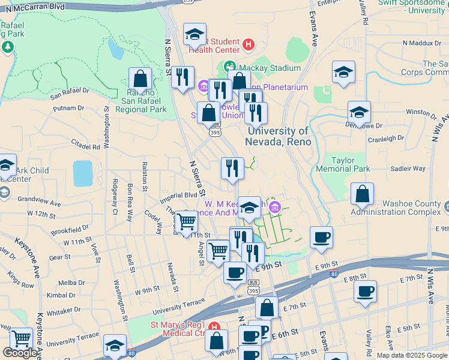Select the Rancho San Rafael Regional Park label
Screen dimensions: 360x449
point(140,101)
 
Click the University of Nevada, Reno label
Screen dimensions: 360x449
point(277,136)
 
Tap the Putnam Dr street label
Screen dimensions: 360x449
point(68,108)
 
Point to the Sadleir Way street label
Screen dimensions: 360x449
point(408,169)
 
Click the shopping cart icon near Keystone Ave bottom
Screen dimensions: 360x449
point(22,338)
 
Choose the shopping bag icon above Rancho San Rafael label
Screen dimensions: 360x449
point(140,78)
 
